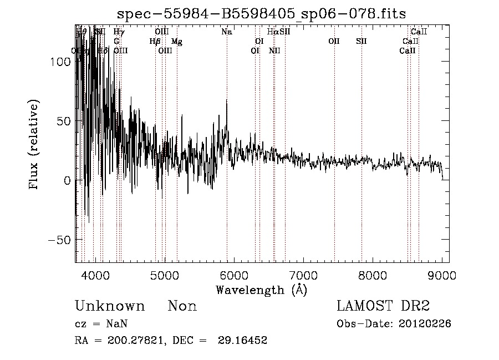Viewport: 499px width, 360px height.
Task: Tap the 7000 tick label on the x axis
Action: point(303,276)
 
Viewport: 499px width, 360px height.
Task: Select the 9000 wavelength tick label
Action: point(442,276)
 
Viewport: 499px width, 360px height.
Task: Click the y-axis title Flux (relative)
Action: point(35,145)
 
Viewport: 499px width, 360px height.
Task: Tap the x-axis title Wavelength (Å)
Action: point(262,290)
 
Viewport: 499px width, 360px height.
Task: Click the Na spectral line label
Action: point(226,32)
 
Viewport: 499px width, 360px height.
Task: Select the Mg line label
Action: point(176,42)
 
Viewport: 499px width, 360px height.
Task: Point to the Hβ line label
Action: point(155,42)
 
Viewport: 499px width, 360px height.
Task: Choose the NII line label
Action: point(274,51)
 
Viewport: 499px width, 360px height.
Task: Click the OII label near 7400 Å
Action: point(334,42)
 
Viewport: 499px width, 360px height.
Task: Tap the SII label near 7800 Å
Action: point(361,42)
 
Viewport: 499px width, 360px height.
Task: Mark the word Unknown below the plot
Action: point(110,306)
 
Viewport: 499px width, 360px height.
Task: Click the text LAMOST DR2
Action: point(383,306)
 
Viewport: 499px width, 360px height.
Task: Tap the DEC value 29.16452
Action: point(246,341)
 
